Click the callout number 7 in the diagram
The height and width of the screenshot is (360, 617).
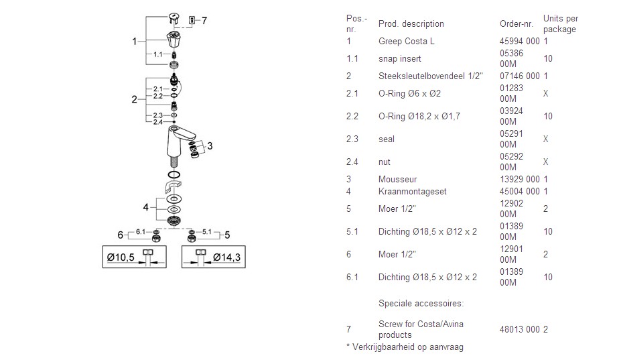pyautogui.click(x=204, y=21)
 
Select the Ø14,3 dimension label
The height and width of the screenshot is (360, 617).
pyautogui.click(x=227, y=257)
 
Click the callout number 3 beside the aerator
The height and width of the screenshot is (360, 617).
pyautogui.click(x=209, y=145)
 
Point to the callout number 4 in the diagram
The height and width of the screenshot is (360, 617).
pyautogui.click(x=145, y=207)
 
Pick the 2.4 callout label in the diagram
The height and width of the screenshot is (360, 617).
pyautogui.click(x=157, y=122)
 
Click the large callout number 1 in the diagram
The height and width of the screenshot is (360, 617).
pyautogui.click(x=135, y=42)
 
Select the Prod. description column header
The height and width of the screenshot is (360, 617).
pyautogui.click(x=411, y=24)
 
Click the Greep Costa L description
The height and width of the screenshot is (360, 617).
pyautogui.click(x=406, y=42)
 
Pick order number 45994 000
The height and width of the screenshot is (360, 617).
pyautogui.click(x=519, y=42)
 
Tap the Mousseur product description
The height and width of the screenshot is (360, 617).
pyautogui.click(x=397, y=180)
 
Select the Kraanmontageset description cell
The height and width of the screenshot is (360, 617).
pyautogui.click(x=412, y=192)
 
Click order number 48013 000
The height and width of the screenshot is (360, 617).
pyautogui.click(x=519, y=330)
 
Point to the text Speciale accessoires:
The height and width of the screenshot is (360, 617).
pyautogui.click(x=421, y=304)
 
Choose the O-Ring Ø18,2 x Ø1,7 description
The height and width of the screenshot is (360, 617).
pyautogui.click(x=419, y=117)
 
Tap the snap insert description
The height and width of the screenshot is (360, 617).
pyautogui.click(x=400, y=59)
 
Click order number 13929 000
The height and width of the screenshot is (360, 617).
pyautogui.click(x=519, y=180)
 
